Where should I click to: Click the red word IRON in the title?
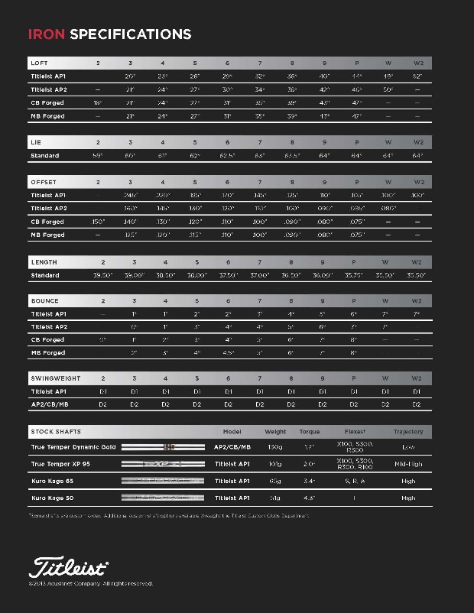(x=47, y=34)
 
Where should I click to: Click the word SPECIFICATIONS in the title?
(x=130, y=34)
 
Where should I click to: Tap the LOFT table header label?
(x=39, y=63)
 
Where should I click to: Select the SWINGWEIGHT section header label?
(x=51, y=378)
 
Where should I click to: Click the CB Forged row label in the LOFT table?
(x=47, y=102)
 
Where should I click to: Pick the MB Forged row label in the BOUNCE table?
(x=47, y=352)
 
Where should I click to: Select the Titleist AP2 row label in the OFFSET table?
(x=49, y=209)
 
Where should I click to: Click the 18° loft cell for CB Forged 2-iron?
(x=97, y=102)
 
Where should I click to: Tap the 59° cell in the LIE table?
(x=97, y=156)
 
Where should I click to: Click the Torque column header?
(x=310, y=432)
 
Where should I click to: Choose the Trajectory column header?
(x=407, y=432)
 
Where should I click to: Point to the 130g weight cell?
(x=275, y=447)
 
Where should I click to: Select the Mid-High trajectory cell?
(x=407, y=464)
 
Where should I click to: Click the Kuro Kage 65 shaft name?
(x=52, y=481)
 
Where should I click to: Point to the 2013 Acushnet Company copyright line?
(x=91, y=583)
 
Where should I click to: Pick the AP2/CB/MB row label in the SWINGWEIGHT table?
(x=50, y=404)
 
